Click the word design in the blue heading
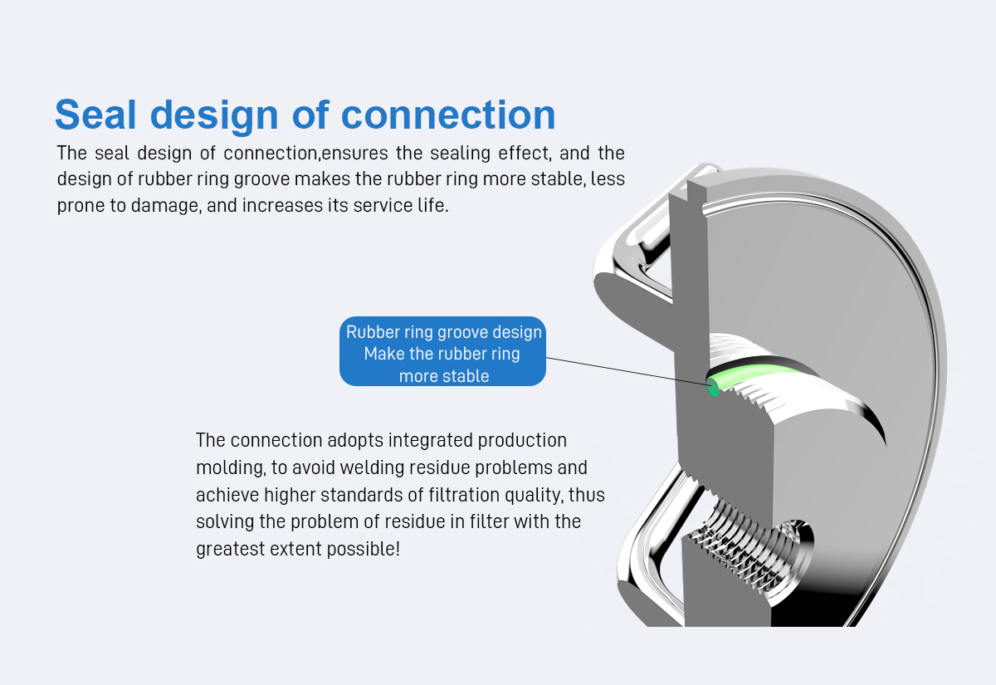(x=218, y=115)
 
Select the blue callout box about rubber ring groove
(x=442, y=351)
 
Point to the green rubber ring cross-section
(x=712, y=387)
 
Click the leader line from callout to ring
(x=622, y=371)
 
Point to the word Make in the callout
(x=383, y=354)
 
